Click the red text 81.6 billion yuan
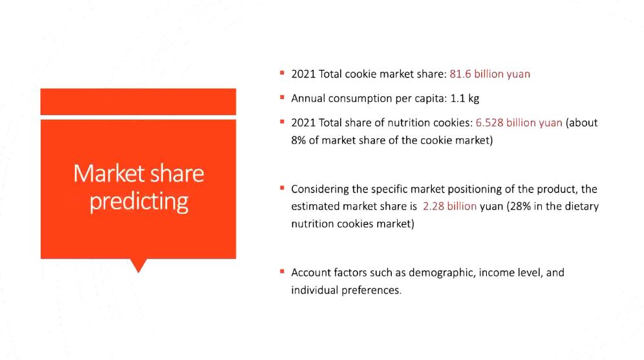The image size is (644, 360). pyautogui.click(x=489, y=74)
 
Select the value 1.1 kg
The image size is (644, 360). pyautogui.click(x=464, y=98)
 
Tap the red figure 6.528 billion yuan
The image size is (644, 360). pyautogui.click(x=519, y=123)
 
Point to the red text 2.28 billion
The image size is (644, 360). pyautogui.click(x=449, y=206)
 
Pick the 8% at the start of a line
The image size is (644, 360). pyautogui.click(x=298, y=140)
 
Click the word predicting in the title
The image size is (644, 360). pyautogui.click(x=139, y=202)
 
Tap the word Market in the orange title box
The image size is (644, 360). pyautogui.click(x=109, y=173)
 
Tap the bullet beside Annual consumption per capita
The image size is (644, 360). pyautogui.click(x=282, y=98)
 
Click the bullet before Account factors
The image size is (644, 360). pyautogui.click(x=282, y=271)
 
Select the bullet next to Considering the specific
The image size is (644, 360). pyautogui.click(x=282, y=188)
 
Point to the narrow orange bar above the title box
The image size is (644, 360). pyautogui.click(x=138, y=102)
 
